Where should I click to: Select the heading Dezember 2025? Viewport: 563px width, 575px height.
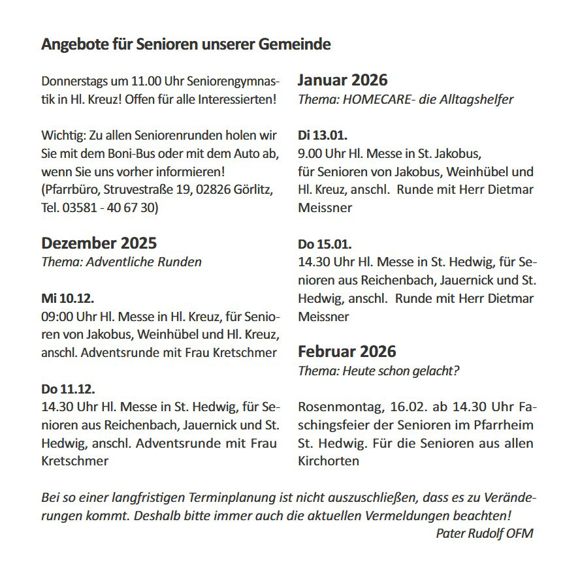[x=99, y=243]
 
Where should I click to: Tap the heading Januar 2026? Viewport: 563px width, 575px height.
[x=342, y=80]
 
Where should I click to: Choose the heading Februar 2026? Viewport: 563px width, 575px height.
[x=347, y=352]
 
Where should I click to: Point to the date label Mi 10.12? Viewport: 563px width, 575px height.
[x=68, y=299]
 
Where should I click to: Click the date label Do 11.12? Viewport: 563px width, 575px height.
[x=68, y=389]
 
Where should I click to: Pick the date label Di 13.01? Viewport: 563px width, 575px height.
[x=323, y=136]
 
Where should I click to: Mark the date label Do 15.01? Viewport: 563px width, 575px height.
[x=325, y=245]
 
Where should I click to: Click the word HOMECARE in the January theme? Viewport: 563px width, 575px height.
[x=366, y=100]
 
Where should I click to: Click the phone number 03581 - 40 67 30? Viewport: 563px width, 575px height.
[x=106, y=208]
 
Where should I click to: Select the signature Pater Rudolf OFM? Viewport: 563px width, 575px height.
[x=484, y=533]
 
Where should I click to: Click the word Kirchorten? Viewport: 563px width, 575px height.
[x=329, y=461]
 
